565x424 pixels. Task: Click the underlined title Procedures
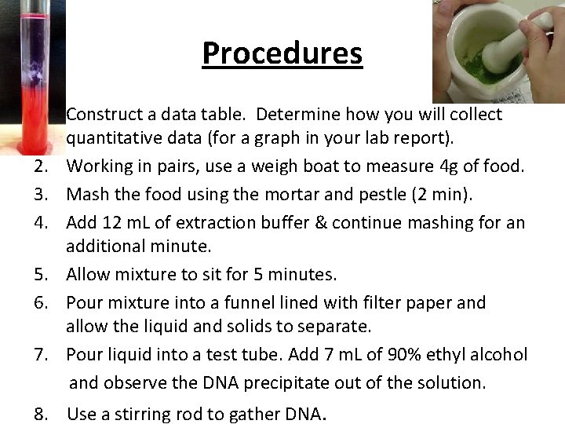tap(282, 53)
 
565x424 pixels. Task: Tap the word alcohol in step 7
tap(500, 355)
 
